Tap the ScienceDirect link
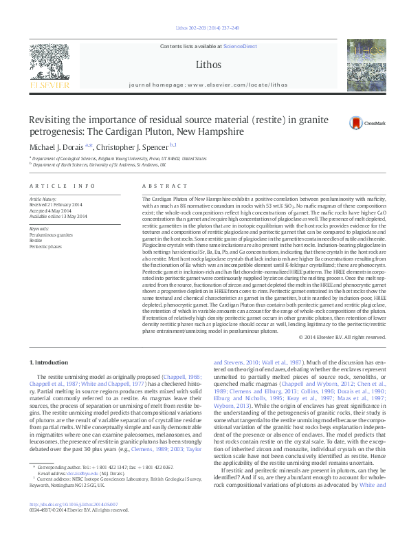point(240,45)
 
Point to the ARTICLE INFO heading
point(62,186)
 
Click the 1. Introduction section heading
point(51,362)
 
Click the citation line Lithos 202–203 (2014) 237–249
point(204,28)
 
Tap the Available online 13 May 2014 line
point(58,216)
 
